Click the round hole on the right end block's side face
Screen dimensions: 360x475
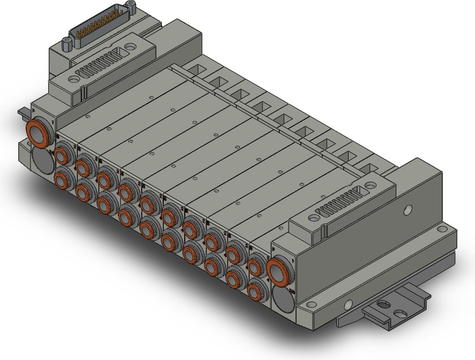click(x=407, y=210)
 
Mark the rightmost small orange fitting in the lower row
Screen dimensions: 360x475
click(x=256, y=290)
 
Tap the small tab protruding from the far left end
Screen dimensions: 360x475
click(x=22, y=111)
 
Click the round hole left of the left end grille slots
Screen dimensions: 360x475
click(x=74, y=77)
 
